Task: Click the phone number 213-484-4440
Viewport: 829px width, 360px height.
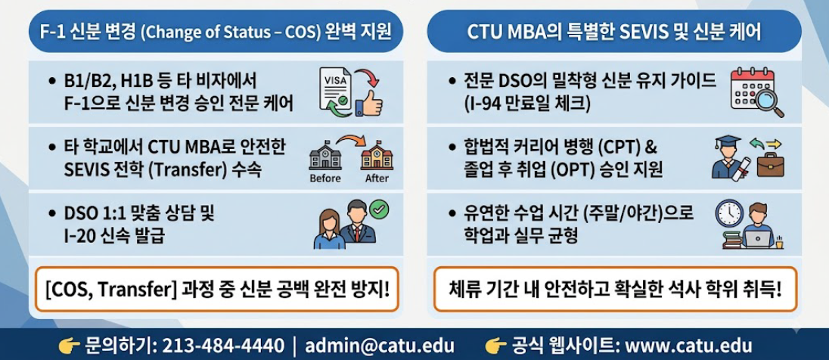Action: [x=223, y=346]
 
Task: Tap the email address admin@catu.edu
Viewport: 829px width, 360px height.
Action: [x=380, y=346]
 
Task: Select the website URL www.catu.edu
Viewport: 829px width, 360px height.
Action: [x=688, y=346]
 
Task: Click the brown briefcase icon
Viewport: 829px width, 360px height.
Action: [x=770, y=165]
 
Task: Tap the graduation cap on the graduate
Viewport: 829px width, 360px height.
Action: [x=728, y=143]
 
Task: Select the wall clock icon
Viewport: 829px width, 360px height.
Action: [x=729, y=213]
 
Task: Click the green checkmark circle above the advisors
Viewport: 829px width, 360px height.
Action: [x=379, y=209]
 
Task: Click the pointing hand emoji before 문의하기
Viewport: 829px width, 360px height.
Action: [x=70, y=346]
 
